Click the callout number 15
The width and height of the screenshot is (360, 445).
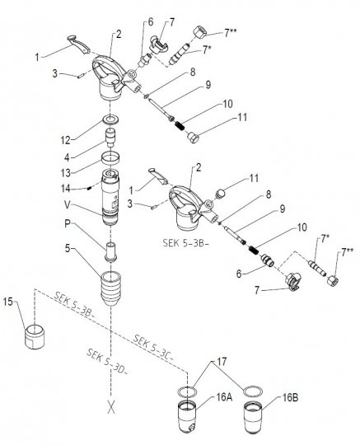[8, 302]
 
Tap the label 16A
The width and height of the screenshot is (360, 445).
[223, 397]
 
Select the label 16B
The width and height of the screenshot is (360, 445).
[289, 397]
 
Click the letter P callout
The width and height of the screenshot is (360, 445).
[68, 223]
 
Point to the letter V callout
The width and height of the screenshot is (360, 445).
[68, 204]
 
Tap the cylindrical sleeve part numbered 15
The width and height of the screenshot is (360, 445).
[35, 337]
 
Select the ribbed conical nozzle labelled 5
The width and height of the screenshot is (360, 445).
[110, 288]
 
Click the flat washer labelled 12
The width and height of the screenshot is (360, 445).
[110, 119]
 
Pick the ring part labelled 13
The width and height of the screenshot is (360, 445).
[110, 157]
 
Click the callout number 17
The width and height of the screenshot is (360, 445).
[222, 362]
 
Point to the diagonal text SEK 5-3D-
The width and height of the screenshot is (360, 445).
[107, 362]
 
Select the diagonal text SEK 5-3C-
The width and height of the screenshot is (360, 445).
[153, 348]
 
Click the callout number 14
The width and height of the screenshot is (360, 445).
[66, 188]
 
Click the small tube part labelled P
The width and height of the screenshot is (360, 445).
[110, 251]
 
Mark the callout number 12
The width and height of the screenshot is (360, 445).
[66, 140]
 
